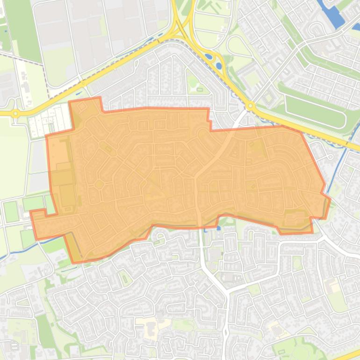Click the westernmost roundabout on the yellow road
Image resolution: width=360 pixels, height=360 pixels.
point(16,113)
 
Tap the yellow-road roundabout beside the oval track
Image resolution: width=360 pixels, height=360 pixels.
point(250,106)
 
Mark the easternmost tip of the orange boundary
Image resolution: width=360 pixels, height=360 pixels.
point(330,200)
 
